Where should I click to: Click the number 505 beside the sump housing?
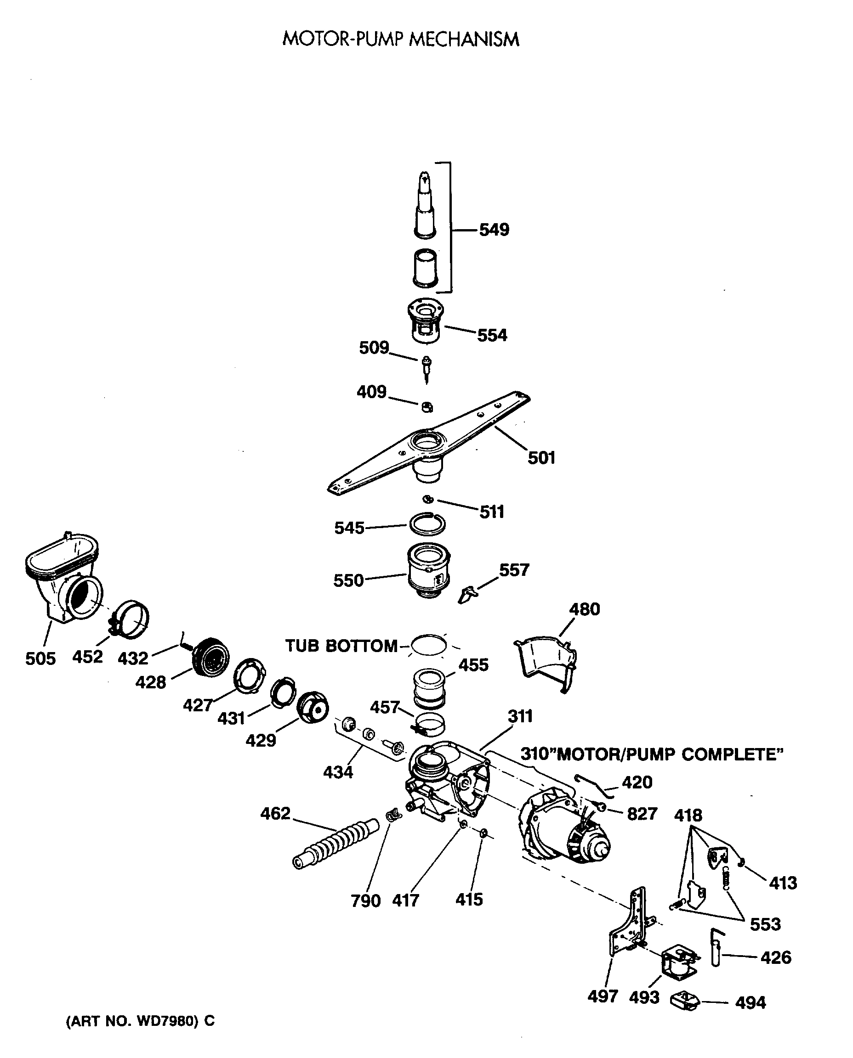(x=40, y=658)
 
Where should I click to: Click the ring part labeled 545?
(x=427, y=524)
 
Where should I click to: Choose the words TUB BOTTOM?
(x=341, y=646)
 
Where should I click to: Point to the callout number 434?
(x=338, y=772)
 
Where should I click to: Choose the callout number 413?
(x=783, y=883)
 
